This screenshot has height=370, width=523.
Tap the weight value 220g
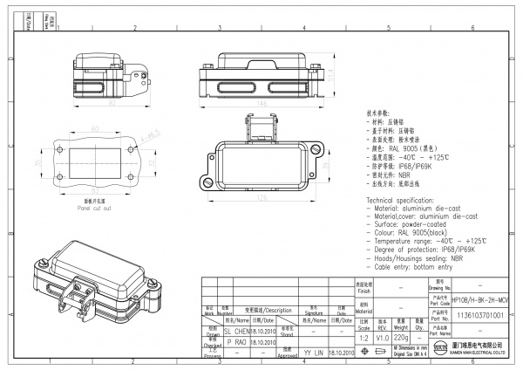coord(401,336)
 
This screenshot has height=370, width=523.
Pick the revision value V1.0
coord(382,336)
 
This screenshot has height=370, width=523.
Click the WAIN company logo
coord(440,351)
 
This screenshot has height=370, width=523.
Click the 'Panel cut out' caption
coord(97,210)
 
